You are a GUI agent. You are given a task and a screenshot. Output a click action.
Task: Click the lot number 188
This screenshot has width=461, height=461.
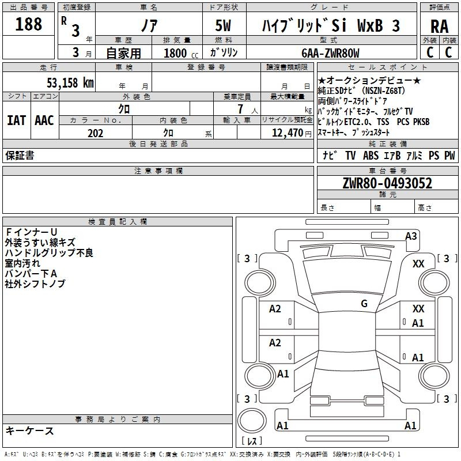tap(28, 24)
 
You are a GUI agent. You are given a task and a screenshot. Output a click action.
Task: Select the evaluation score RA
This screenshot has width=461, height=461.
tap(439, 27)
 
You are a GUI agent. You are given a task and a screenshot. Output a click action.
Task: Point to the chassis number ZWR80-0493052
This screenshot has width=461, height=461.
tap(387, 183)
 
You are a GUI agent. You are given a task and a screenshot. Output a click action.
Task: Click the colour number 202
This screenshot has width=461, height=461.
tap(95, 133)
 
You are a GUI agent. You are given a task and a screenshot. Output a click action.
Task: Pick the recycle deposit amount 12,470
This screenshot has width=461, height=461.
tap(286, 133)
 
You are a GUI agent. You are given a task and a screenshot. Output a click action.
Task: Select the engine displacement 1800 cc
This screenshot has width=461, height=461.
tap(179, 53)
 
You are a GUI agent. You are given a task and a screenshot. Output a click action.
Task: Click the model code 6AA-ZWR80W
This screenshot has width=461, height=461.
tap(331, 53)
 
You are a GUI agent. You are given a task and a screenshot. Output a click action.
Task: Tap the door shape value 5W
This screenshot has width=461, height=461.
tap(224, 27)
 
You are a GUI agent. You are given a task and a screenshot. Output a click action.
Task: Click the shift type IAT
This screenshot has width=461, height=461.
tap(16, 120)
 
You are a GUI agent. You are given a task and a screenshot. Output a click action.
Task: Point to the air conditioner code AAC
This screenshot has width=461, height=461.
tap(44, 120)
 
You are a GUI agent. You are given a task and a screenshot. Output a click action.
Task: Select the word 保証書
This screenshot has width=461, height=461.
tap(19, 156)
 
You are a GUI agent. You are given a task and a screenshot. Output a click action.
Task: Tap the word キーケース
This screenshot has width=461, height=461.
tap(29, 430)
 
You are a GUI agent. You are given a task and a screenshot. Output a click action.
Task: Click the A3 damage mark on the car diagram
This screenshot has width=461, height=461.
tap(411, 236)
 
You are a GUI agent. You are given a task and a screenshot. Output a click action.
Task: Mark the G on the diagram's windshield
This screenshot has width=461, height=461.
tap(364, 304)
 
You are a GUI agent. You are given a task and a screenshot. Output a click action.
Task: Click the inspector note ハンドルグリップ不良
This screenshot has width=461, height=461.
tap(48, 252)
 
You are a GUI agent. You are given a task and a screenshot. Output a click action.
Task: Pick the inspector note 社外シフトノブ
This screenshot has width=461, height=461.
tap(35, 284)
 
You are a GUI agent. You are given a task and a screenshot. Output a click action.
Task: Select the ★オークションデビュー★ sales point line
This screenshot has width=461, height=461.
tap(369, 81)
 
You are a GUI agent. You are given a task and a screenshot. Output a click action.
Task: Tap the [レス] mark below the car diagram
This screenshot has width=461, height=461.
tap(251, 441)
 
